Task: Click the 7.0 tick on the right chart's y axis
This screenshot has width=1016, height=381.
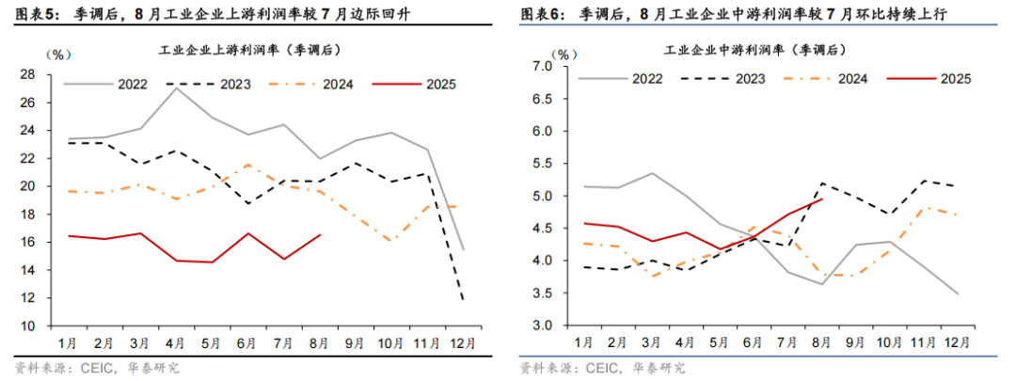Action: click(x=540, y=67)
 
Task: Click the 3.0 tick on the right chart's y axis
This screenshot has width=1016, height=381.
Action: click(x=540, y=325)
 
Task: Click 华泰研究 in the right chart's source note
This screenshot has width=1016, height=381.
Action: click(x=659, y=368)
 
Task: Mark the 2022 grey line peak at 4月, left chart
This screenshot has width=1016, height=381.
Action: click(x=177, y=87)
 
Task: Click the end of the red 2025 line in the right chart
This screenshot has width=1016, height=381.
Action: click(x=823, y=198)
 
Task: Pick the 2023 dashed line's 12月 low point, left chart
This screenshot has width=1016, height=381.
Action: click(x=462, y=300)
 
